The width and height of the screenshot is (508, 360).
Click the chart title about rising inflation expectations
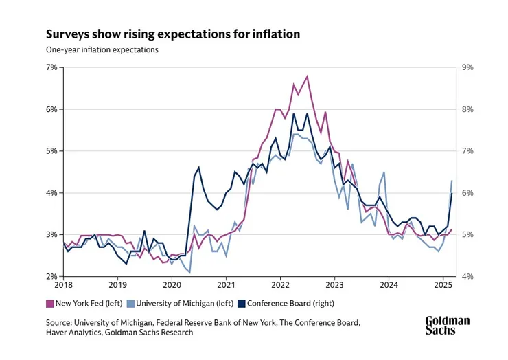pyautogui.click(x=172, y=34)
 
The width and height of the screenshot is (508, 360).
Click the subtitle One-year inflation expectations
pyautogui.click(x=102, y=50)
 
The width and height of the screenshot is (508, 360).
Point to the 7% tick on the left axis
pyautogui.click(x=51, y=67)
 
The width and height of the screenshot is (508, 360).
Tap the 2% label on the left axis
pyautogui.click(x=51, y=277)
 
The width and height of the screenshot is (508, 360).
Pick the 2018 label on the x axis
pyautogui.click(x=63, y=285)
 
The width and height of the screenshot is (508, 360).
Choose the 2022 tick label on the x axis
pyautogui.click(x=280, y=285)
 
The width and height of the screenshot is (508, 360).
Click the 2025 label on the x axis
pyautogui.click(x=443, y=285)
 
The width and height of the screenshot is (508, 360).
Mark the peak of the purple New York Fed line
pyautogui.click(x=308, y=76)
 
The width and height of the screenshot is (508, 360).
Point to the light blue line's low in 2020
pyautogui.click(x=189, y=273)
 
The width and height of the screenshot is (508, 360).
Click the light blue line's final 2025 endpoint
pyautogui.click(x=452, y=181)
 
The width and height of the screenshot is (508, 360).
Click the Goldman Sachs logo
pyautogui.click(x=448, y=326)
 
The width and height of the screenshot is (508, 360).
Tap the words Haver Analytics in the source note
pyautogui.click(x=76, y=333)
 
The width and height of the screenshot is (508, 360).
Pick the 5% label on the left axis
pyautogui.click(x=51, y=151)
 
